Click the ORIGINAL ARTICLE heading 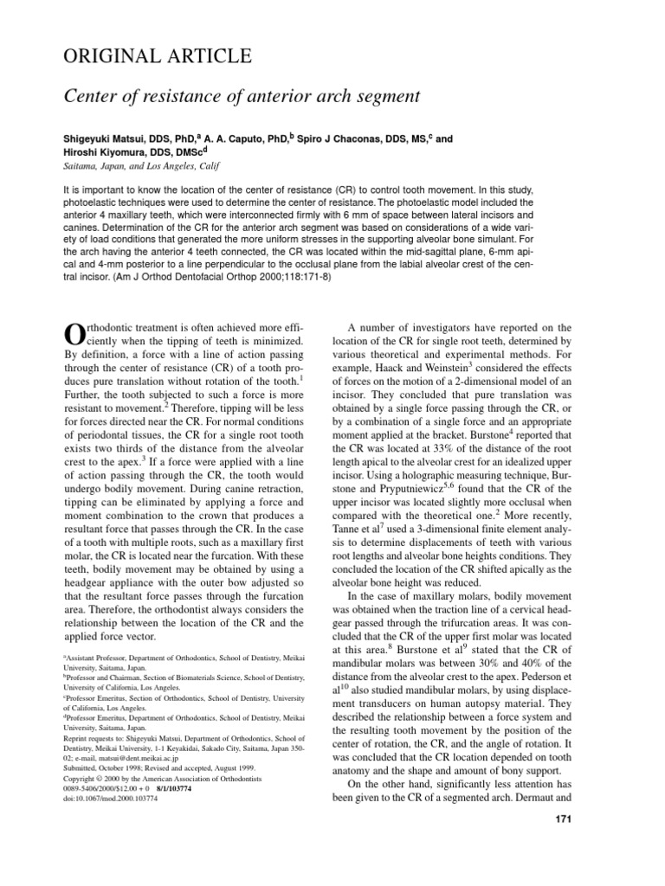(158, 57)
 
